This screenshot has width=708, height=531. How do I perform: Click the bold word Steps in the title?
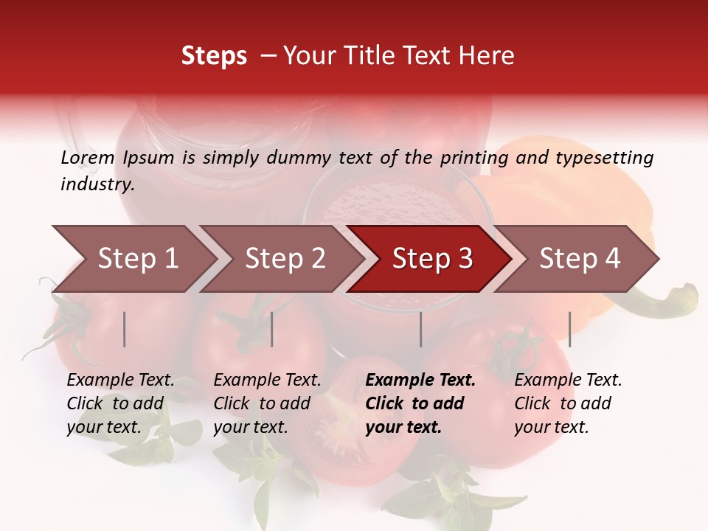coord(214,56)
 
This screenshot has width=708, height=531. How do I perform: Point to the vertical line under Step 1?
coord(125,329)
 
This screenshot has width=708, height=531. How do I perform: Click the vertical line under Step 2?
coord(272,329)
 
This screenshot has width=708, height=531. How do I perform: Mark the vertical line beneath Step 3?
coord(421,329)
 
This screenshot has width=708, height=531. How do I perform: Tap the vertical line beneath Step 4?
coord(569,329)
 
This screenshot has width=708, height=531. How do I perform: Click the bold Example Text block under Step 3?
coord(420,403)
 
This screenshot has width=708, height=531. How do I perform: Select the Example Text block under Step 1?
coord(120,403)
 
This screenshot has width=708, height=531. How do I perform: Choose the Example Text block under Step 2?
coord(267,403)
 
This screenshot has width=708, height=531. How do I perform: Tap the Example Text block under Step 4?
coord(568,403)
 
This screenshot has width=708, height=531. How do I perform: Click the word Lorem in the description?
coord(88,158)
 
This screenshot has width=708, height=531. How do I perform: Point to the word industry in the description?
coord(97,184)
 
